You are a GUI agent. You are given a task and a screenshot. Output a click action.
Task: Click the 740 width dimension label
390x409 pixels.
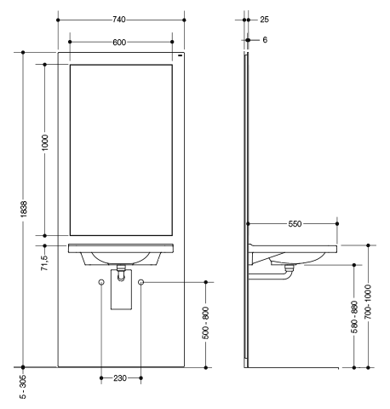(x=119, y=20)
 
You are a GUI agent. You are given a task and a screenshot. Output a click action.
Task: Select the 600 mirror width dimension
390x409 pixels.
(x=119, y=43)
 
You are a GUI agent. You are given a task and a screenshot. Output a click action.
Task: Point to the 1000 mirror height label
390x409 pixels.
(x=45, y=143)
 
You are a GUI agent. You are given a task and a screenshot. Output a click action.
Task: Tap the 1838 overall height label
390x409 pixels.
(x=24, y=209)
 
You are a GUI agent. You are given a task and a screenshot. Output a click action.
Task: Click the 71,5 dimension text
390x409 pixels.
(x=45, y=263)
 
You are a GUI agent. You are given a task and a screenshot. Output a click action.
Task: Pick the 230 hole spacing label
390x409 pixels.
(x=120, y=378)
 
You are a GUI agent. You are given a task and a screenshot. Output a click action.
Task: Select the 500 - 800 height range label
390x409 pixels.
(x=206, y=323)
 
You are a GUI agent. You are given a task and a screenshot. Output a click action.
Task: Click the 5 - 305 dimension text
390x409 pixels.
(x=23, y=387)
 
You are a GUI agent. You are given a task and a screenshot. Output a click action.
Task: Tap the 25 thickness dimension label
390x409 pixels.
(x=264, y=20)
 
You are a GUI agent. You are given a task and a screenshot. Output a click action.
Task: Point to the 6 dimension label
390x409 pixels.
(x=265, y=40)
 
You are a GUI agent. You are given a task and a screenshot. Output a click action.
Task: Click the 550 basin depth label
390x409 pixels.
(x=295, y=224)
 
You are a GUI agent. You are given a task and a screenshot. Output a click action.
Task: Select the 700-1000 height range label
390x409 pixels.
(x=369, y=302)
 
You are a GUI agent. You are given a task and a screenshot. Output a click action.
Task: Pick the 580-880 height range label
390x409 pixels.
(x=354, y=317)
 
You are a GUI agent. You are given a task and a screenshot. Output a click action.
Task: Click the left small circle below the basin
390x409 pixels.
(x=101, y=282)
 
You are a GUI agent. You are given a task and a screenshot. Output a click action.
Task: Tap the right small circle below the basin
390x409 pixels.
(x=141, y=282)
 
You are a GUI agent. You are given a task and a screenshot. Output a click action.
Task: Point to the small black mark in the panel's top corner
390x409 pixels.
(x=180, y=55)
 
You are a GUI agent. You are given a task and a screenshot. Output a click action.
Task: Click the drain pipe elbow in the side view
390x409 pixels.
(x=288, y=274)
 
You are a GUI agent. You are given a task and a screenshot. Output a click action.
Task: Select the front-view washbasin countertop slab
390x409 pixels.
(x=121, y=248)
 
